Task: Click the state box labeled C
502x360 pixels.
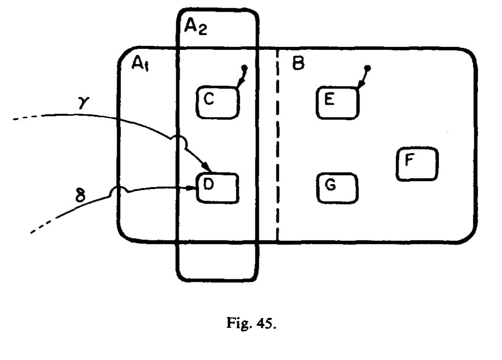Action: pos(218,103)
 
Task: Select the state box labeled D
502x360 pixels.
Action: pos(218,188)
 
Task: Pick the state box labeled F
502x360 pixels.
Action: pos(417,164)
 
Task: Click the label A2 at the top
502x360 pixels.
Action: pos(195,27)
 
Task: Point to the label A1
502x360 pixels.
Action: pos(142,64)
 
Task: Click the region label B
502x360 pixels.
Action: pos(298,64)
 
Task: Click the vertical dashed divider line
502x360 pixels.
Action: pos(277,147)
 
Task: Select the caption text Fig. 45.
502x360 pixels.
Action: pos(251,325)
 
